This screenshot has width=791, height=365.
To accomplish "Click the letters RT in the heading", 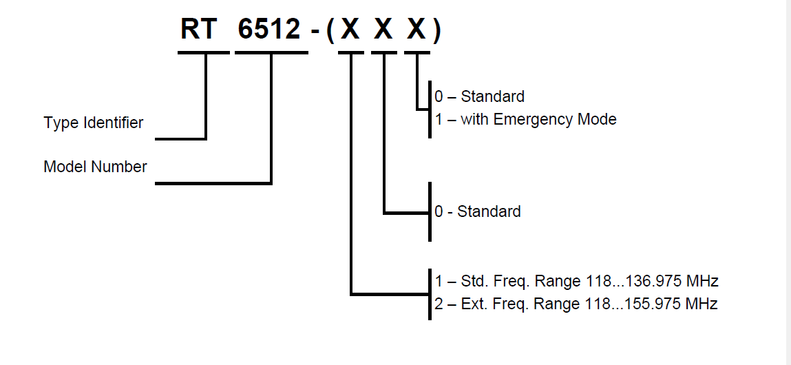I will tap(200, 30).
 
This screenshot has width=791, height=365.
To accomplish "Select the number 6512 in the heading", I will tap(270, 30).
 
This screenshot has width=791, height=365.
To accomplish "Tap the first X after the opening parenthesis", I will tap(350, 30).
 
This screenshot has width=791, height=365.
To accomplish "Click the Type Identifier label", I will tap(94, 123).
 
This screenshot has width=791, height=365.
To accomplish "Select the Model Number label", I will tap(95, 167).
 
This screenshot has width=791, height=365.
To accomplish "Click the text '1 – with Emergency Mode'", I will tap(525, 119).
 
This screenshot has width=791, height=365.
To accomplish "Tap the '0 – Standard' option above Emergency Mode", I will tap(479, 96).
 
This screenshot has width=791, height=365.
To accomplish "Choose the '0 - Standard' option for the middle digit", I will tap(477, 211).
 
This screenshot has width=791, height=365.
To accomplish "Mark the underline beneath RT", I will tap(203, 52).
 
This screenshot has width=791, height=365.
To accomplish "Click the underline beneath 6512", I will tap(271, 52).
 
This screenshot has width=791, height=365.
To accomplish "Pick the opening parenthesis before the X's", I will tap(331, 31).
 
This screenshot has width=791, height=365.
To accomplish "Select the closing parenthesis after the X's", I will tap(436, 31).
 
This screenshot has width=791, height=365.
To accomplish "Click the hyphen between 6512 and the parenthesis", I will tap(315, 32).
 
